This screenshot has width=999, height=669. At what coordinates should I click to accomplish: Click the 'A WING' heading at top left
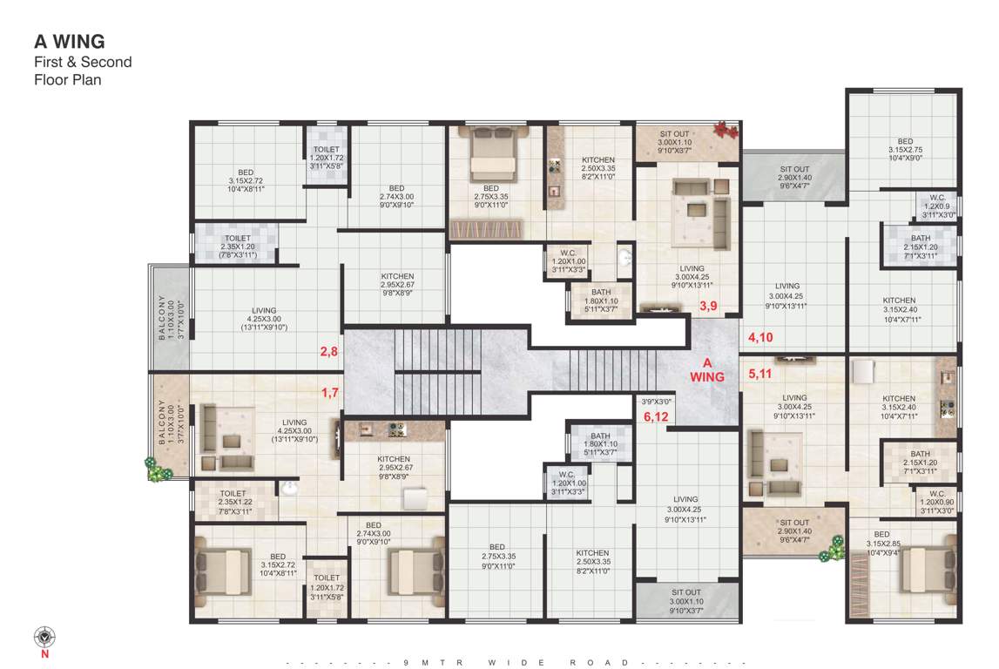pyautogui.click(x=70, y=41)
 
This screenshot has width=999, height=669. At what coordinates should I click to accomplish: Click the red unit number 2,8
pyautogui.click(x=328, y=352)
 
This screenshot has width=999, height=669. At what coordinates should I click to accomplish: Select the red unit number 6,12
pyautogui.click(x=656, y=417)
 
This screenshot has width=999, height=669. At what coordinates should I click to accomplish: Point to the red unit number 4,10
pyautogui.click(x=759, y=336)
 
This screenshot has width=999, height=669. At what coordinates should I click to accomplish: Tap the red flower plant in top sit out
pyautogui.click(x=725, y=130)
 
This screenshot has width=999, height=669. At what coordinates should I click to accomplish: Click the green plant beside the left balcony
pyautogui.click(x=159, y=472)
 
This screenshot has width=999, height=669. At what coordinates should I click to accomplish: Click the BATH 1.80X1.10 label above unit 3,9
pyautogui.click(x=600, y=297)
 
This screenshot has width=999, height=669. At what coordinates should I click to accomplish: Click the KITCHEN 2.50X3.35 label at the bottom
pyautogui.click(x=592, y=562)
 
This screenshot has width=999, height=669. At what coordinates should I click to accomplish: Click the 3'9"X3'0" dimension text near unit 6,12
pyautogui.click(x=656, y=402)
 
